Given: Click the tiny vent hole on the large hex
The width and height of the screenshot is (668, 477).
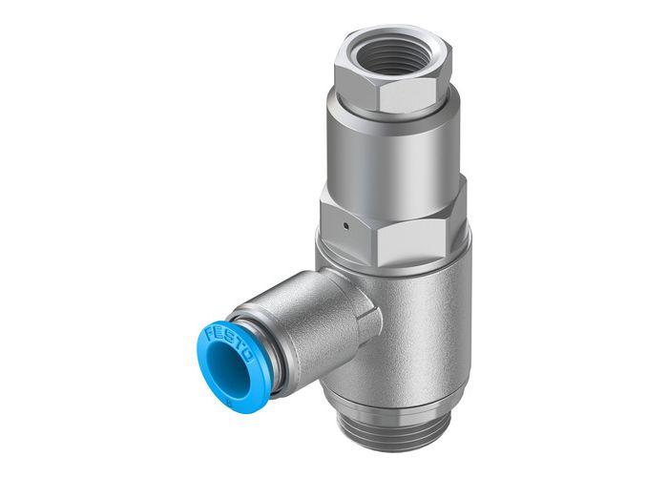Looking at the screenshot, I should coord(343,226).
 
